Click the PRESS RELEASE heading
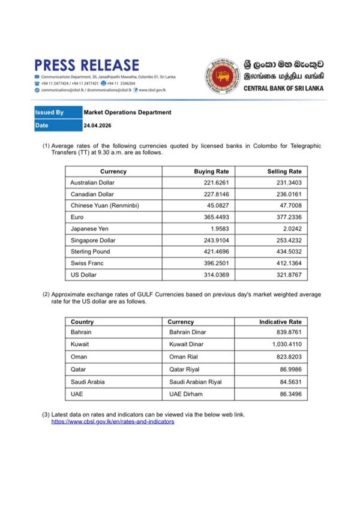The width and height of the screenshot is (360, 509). coord(87,65)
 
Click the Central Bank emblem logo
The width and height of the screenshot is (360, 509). coord(223,76)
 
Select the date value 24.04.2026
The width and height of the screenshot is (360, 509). coord(97,125)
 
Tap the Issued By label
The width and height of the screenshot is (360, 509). coord(50,112)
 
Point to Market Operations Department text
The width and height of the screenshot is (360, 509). coord(127,112)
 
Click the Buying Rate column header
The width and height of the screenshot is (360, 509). coord(212,172)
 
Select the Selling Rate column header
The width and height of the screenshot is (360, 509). coord(284,172)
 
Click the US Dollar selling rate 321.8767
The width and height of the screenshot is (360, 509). coord(289,274)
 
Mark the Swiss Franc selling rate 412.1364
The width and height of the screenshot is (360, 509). coord(289,263)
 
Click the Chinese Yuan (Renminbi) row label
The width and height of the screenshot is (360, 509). coord(104,206)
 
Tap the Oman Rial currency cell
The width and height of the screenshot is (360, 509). coord(186,357)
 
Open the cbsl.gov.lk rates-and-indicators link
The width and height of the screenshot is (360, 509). coord(113,422)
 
